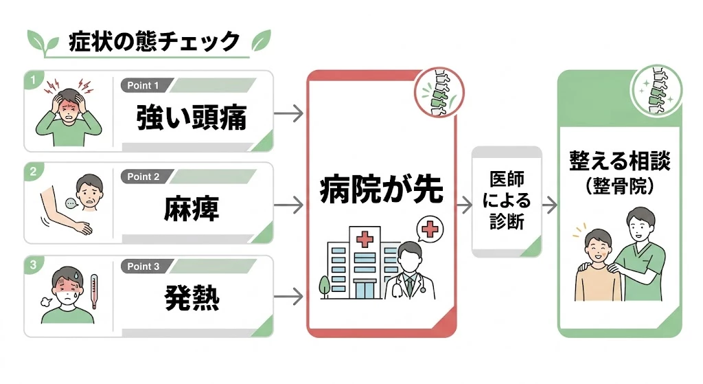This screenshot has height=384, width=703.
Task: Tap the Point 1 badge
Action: [x=143, y=86]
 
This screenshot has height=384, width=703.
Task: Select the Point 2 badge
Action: [x=143, y=177]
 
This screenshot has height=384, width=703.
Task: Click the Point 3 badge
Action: [x=143, y=267]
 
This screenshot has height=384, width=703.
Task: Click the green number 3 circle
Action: [x=32, y=264]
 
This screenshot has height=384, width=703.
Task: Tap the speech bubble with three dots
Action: [x=71, y=203]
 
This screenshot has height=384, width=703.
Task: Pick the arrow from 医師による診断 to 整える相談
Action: [x=549, y=205]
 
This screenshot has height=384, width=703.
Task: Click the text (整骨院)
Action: [x=619, y=185]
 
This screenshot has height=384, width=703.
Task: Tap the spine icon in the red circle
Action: [x=438, y=93]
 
